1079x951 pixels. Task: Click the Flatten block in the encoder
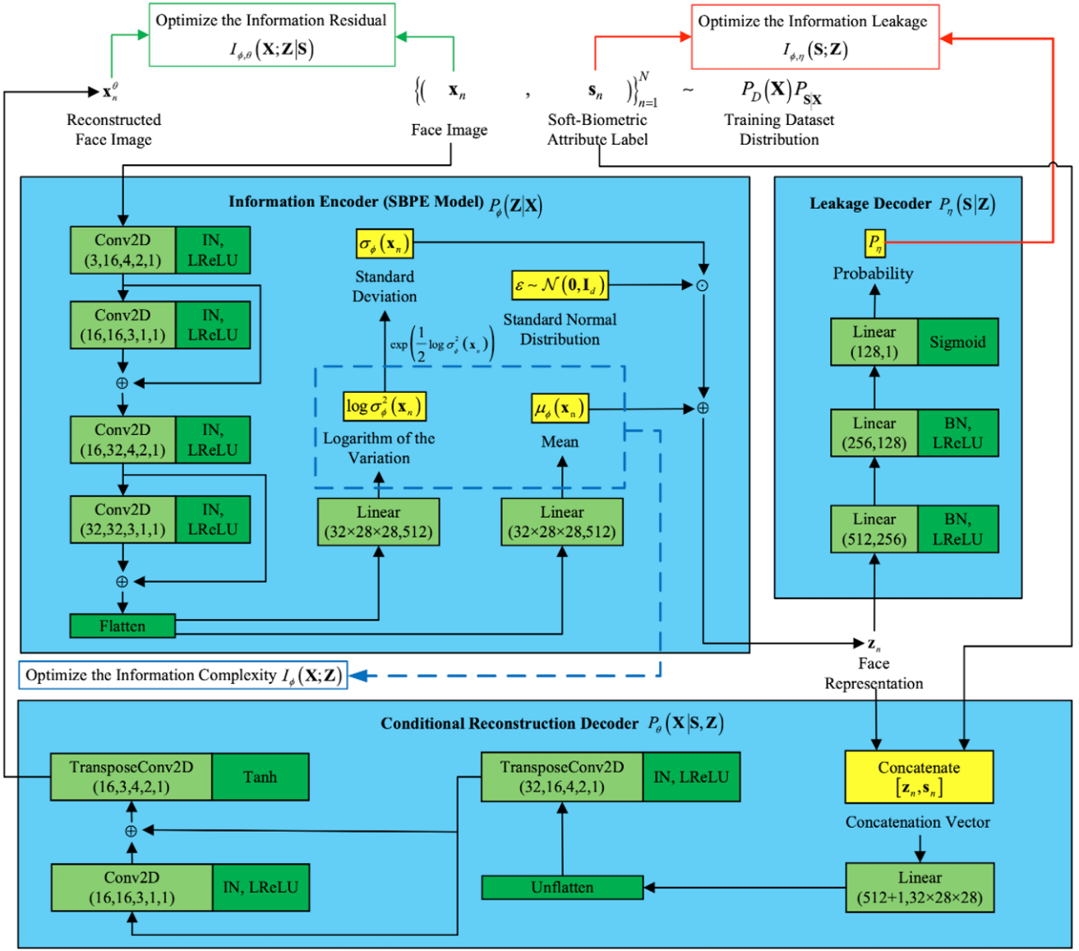(122, 626)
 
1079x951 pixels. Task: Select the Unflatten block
(562, 888)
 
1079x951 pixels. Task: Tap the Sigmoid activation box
(957, 342)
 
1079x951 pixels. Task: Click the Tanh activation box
(261, 777)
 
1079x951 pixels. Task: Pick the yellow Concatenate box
(919, 777)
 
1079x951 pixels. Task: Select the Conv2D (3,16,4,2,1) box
(123, 251)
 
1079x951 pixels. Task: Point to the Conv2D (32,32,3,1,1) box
(123, 519)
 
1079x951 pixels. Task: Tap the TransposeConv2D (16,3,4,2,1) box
(131, 777)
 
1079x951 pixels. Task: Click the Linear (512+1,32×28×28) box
(920, 888)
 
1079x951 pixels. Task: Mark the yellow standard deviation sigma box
(385, 243)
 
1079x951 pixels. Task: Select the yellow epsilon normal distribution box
(560, 285)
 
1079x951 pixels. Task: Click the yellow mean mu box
(560, 408)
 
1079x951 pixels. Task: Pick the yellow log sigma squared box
(384, 406)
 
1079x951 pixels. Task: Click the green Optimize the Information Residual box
(271, 35)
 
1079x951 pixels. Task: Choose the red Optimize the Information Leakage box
(814, 37)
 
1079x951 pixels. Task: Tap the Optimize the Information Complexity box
(183, 676)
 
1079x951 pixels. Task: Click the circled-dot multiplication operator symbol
(703, 286)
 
